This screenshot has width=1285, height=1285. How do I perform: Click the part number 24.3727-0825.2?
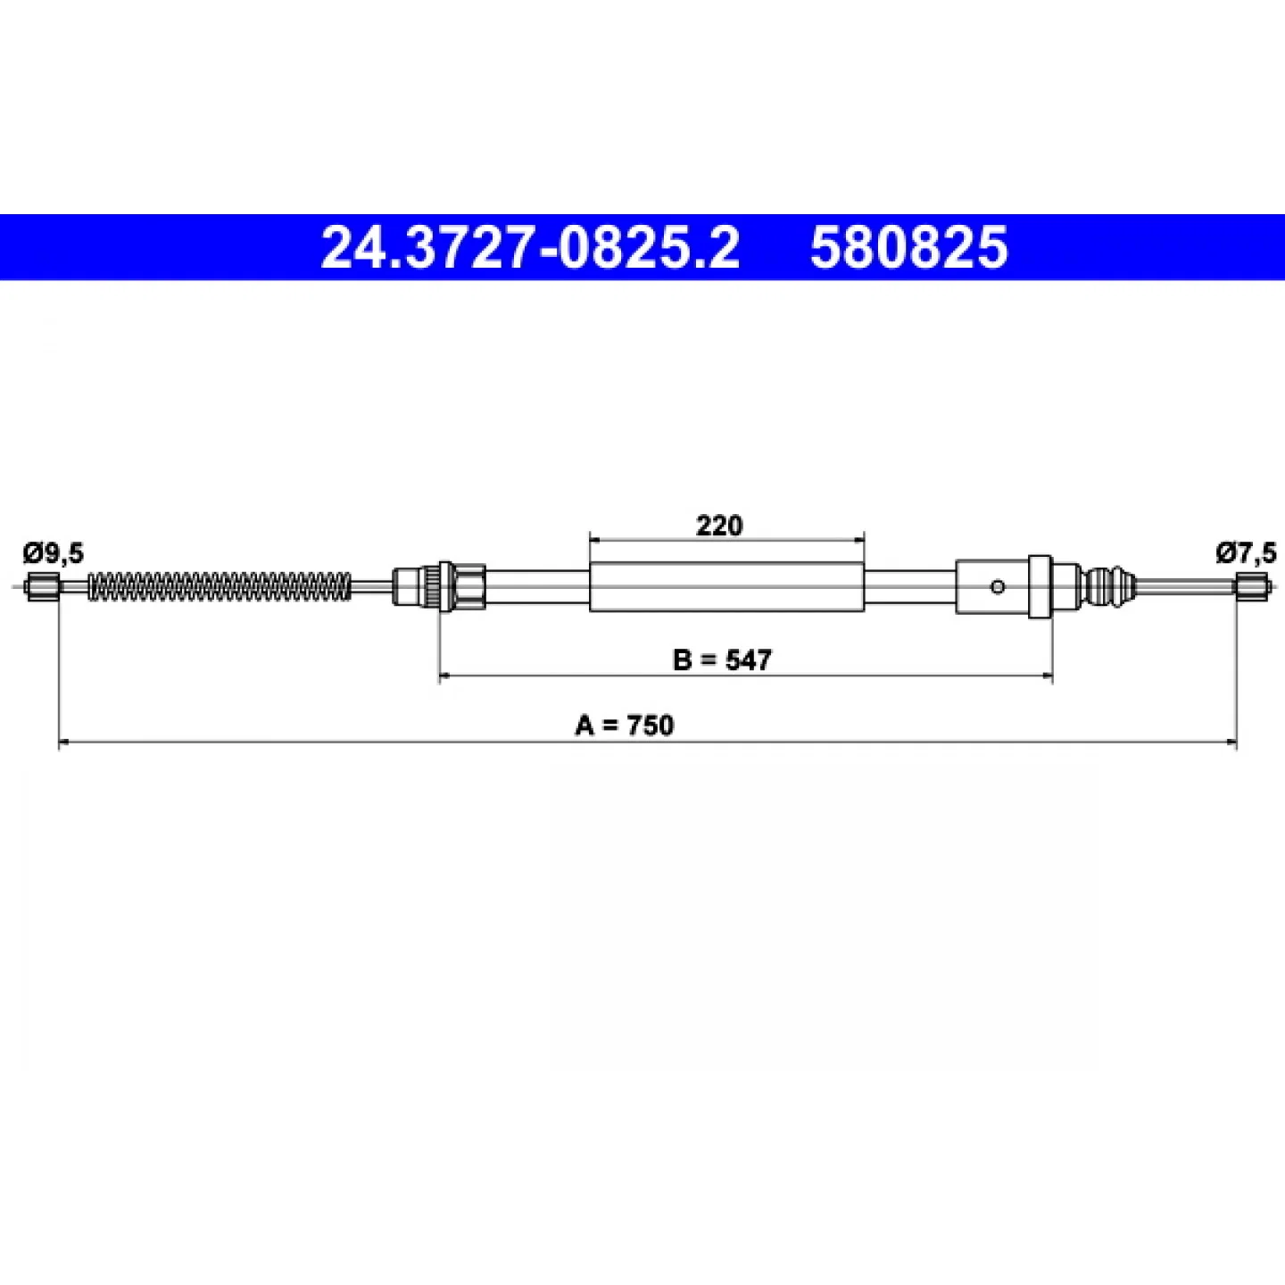click(x=530, y=246)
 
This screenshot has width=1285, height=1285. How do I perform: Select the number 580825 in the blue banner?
click(x=908, y=246)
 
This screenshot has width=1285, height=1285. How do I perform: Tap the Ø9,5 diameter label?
click(x=54, y=553)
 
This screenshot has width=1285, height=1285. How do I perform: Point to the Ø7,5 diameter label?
click(x=1246, y=552)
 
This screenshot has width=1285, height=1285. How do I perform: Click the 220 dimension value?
click(x=719, y=526)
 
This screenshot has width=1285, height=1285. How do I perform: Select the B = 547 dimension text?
click(x=722, y=660)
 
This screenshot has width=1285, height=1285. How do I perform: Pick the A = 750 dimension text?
click(x=625, y=725)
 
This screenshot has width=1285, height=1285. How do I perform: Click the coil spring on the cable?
click(x=220, y=586)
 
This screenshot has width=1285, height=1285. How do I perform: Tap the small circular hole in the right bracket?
click(x=998, y=587)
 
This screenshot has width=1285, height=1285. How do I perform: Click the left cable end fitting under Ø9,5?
click(x=43, y=586)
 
